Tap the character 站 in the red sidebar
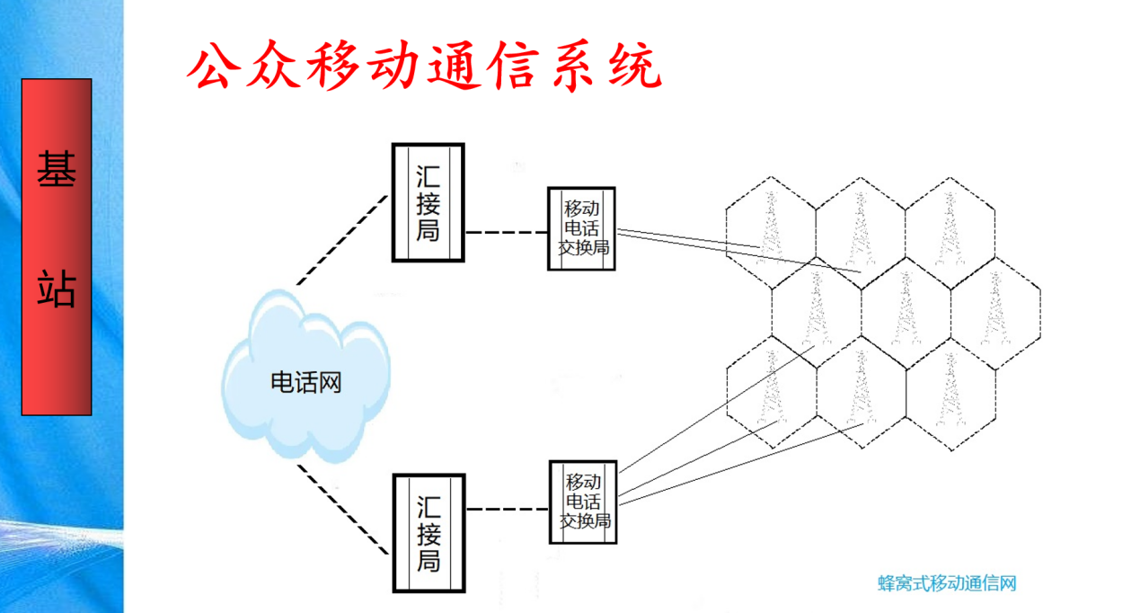[56, 288]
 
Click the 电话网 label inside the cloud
[306, 383]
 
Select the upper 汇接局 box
[428, 202]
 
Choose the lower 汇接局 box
[428, 534]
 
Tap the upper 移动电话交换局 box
[582, 228]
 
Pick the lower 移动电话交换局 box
[582, 502]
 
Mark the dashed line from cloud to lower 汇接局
[344, 509]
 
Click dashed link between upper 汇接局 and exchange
[506, 232]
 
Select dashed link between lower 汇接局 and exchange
[506, 510]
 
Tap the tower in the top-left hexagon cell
[770, 227]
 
